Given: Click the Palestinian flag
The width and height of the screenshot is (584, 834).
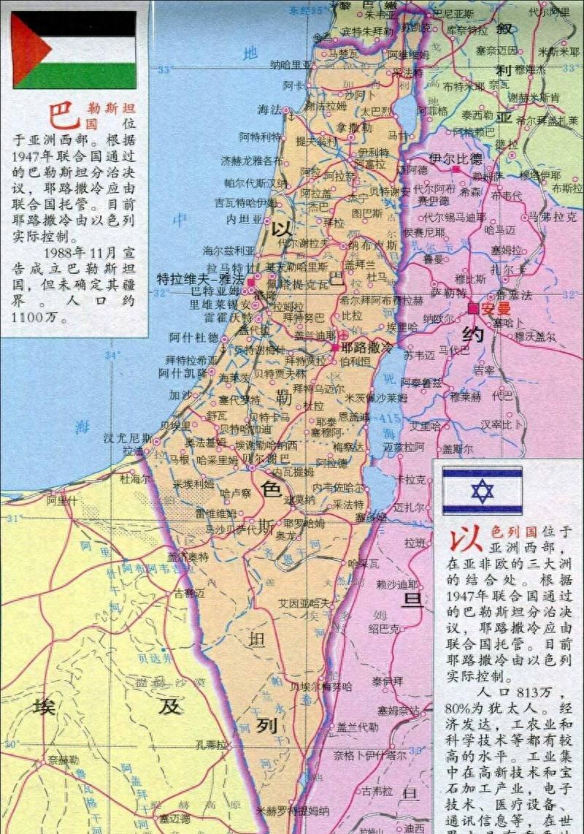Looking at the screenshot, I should coord(74,49).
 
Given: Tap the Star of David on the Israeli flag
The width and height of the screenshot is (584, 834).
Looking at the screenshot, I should coord(482,491).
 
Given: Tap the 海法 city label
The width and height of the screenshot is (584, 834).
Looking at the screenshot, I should coord(269,110).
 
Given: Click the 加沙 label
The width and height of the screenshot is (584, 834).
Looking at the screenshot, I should coord(179,394).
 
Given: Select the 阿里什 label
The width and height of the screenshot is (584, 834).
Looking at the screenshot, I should coord(62,501).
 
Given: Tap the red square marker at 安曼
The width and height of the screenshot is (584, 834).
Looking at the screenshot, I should coord(473,308).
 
